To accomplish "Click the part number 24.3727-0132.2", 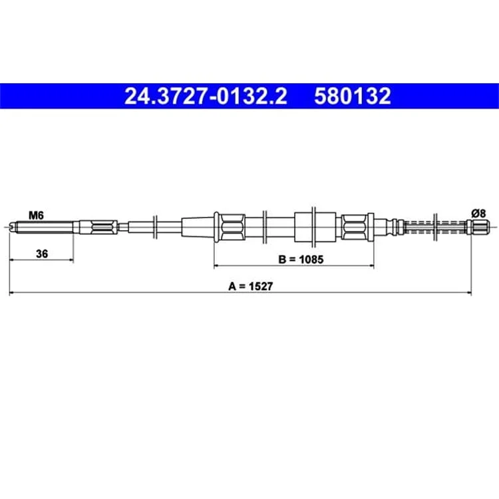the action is tap(206, 96).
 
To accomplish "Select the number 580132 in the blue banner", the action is tap(353, 96).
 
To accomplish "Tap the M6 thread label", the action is tap(36, 216).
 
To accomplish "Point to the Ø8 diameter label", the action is tap(478, 213).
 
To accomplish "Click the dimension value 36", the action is tap(42, 254).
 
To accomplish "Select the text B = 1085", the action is tap(301, 259).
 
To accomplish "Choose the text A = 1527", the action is tap(250, 286).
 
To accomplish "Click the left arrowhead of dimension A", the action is tap(12, 292).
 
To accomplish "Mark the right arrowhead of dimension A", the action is tap(469, 292).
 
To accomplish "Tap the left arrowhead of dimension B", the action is tap(217, 265).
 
